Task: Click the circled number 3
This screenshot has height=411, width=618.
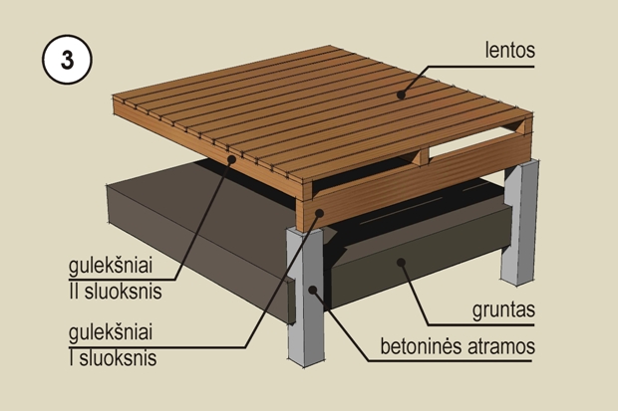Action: pyautogui.click(x=67, y=60)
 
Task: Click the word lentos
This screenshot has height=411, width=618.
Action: pyautogui.click(x=510, y=50)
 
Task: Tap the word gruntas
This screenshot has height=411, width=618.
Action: pyautogui.click(x=503, y=309)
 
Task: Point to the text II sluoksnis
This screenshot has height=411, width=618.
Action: pyautogui.click(x=115, y=292)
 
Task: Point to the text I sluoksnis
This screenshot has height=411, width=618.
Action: pyautogui.click(x=113, y=358)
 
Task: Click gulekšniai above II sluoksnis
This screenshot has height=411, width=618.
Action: pyautogui.click(x=111, y=266)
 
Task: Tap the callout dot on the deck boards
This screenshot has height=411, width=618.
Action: pyautogui.click(x=401, y=95)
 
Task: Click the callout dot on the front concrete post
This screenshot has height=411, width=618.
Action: pyautogui.click(x=313, y=291)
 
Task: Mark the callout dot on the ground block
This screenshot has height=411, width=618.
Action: pyautogui.click(x=401, y=262)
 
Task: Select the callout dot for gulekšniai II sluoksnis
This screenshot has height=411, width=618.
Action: pyautogui.click(x=231, y=159)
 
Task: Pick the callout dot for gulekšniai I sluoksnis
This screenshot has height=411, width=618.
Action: pyautogui.click(x=320, y=213)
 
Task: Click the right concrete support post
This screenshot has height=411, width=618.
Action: pyautogui.click(x=520, y=223)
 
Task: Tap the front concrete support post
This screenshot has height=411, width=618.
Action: pyautogui.click(x=305, y=298)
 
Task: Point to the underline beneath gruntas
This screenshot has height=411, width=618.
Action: pyautogui.click(x=481, y=325)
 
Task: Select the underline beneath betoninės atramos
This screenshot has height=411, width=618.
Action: pyautogui.click(x=451, y=360)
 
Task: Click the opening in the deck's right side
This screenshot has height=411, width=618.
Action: pyautogui.click(x=472, y=143)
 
